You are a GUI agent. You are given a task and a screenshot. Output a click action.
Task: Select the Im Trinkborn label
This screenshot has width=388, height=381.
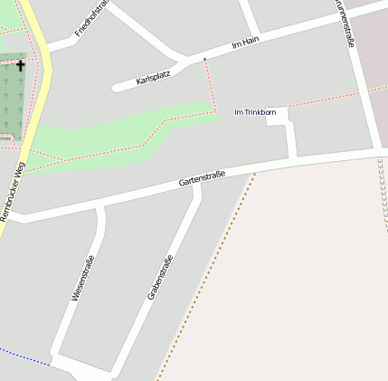255,112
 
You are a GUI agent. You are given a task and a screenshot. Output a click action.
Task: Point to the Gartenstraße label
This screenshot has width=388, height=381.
201,177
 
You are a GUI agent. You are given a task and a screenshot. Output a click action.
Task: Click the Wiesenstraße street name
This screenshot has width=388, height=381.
82,278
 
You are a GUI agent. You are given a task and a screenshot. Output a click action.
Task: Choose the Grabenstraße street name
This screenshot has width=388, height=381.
159,278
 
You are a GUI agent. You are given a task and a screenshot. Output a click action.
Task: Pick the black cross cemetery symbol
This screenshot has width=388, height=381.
21,65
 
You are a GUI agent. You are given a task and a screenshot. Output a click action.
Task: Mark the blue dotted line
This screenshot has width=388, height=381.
23,356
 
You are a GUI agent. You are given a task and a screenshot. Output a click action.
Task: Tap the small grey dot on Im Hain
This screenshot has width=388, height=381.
205,60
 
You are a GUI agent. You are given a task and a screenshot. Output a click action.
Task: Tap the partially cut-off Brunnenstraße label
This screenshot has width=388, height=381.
345,22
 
